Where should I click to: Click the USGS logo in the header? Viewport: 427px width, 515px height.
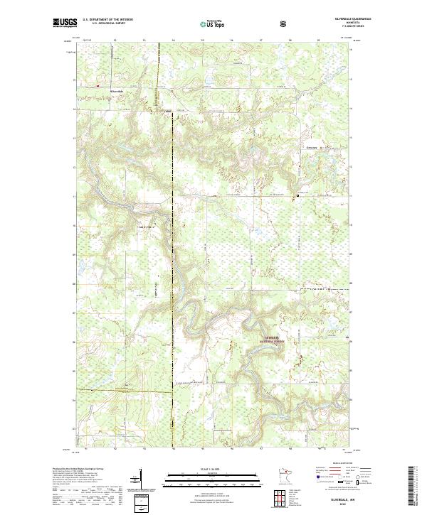65,23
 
